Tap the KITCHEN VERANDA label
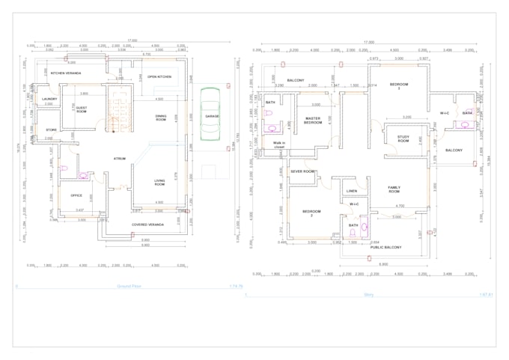pyautogui.click(x=66, y=73)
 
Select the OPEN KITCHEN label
pyautogui.click(x=159, y=77)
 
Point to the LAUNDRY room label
pyautogui.click(x=50, y=99)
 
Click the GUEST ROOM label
pyautogui.click(x=81, y=110)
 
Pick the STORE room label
pyautogui.click(x=51, y=129)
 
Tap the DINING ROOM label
pyautogui.click(x=160, y=118)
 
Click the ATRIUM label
pyautogui.click(x=119, y=159)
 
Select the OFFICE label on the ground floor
pyautogui.click(x=76, y=195)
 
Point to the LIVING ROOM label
pyautogui.click(x=159, y=182)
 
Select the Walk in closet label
pyautogui.click(x=279, y=146)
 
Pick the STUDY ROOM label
pyautogui.click(x=403, y=139)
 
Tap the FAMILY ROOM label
pyautogui.click(x=394, y=189)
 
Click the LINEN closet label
pyautogui.click(x=352, y=191)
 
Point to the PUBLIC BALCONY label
pyautogui.click(x=386, y=247)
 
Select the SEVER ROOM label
pyautogui.click(x=302, y=171)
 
